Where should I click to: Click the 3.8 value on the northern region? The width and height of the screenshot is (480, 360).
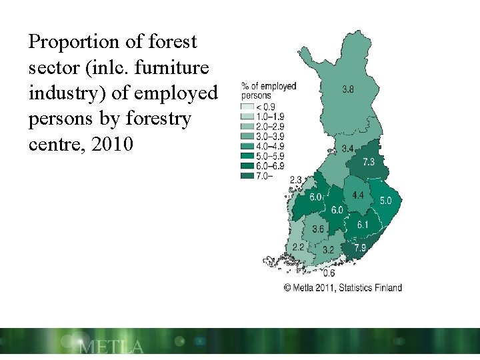[348, 89]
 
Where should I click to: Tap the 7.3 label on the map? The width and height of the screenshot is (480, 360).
[369, 162]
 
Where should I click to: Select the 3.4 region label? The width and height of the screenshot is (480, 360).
[347, 148]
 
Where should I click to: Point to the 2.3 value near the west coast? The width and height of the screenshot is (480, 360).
[296, 179]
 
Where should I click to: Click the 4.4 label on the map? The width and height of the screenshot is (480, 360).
[358, 195]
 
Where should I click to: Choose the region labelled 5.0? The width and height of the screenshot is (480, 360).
[386, 200]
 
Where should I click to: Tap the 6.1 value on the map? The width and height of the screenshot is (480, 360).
[362, 225]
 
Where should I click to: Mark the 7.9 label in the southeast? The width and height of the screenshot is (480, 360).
[359, 247]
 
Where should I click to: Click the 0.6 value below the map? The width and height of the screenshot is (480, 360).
[329, 273]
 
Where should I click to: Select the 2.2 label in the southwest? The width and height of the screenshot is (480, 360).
[298, 247]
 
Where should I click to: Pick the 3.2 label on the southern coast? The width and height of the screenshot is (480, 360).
[328, 250]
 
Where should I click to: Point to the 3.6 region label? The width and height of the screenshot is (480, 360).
[318, 229]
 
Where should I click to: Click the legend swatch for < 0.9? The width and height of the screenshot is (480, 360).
[247, 107]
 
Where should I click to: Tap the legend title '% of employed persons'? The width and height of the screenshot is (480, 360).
[269, 91]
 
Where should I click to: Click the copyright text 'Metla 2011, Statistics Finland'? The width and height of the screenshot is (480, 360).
[343, 288]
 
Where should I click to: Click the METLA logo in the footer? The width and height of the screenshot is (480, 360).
[111, 347]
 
